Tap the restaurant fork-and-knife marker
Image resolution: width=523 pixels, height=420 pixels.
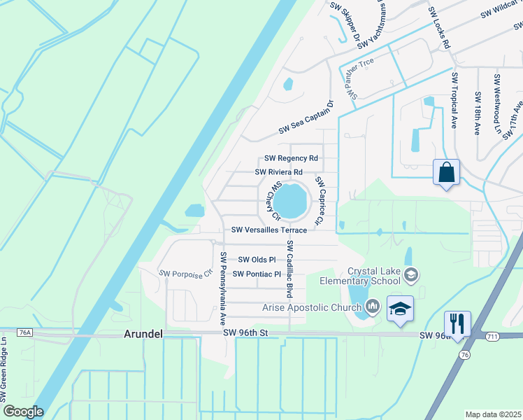click(x=457, y=323)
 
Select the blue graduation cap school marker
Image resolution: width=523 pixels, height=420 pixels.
click(x=400, y=309)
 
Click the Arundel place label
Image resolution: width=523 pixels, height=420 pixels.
click(x=143, y=335)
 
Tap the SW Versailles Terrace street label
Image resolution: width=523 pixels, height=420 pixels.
click(x=269, y=230)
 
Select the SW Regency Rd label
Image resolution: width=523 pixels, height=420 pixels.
click(x=291, y=159)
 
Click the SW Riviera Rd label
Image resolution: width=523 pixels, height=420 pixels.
click(x=278, y=171)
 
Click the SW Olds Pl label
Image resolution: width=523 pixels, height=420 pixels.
click(x=257, y=260)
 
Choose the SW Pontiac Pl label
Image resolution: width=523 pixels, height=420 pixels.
click(x=257, y=274)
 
